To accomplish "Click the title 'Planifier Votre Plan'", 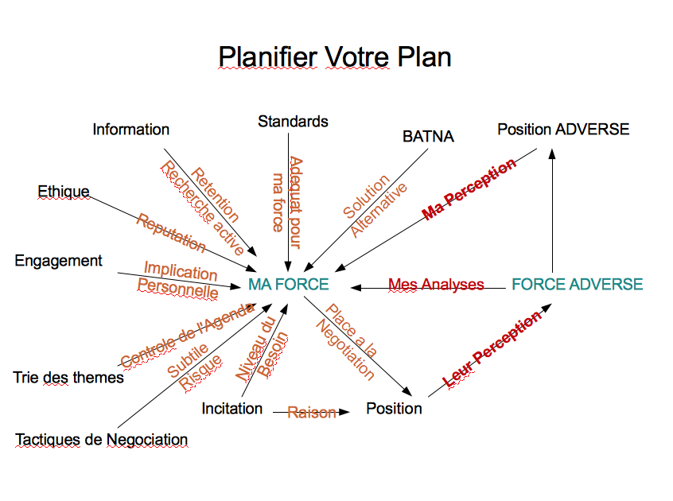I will [335, 57].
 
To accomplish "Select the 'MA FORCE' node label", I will [288, 284].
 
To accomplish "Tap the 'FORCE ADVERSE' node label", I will [577, 284].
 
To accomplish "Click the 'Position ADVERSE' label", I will [563, 129].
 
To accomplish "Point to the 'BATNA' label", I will [428, 137].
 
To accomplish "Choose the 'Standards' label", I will [293, 122].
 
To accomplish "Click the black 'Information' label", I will [131, 129].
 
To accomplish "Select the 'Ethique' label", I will [64, 192].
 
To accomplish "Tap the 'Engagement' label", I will [59, 261].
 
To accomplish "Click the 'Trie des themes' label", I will [68, 378].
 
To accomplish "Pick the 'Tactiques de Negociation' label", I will [102, 439].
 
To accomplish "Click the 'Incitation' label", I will [232, 409].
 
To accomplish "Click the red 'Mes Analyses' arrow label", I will [436, 284].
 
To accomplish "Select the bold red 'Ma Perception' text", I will [469, 188].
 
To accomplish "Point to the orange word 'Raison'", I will [311, 413].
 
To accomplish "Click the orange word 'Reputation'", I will [170, 232].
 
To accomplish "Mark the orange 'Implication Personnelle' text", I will [180, 280].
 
